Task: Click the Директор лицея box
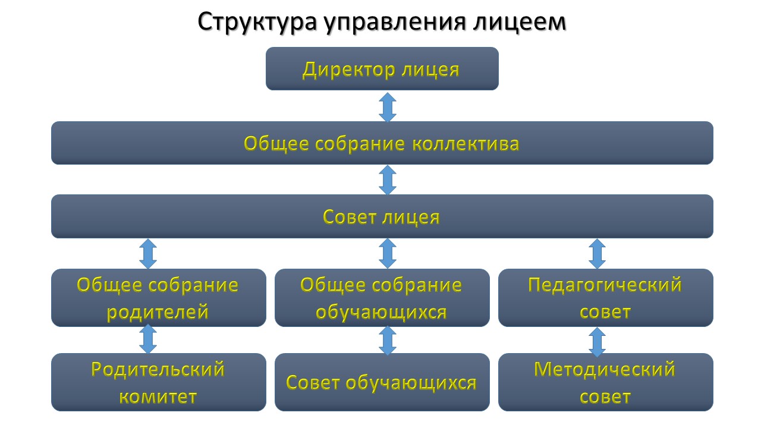382,69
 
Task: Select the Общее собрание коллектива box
382,143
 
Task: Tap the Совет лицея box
382,216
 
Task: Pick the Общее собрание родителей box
158,297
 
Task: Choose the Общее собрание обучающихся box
382,297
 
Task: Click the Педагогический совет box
605,297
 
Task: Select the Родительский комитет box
158,382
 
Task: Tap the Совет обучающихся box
382,382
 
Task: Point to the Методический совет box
605,382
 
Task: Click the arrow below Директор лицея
388,106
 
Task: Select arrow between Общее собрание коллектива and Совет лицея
388,180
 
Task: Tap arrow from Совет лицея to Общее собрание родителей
147,253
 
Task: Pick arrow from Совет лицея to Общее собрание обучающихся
388,253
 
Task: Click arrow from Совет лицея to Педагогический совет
597,253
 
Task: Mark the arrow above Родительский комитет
147,339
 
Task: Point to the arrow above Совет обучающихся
388,340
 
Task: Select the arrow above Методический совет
597,341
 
